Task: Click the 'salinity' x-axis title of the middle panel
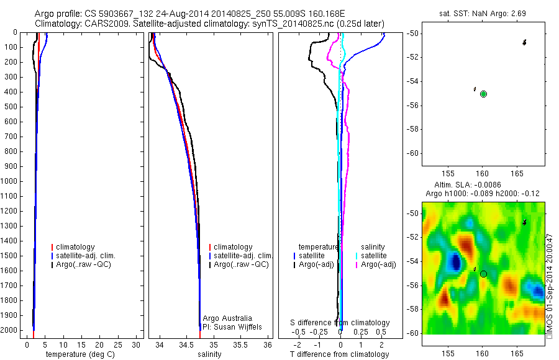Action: (209, 354)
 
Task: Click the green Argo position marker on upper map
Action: (483, 94)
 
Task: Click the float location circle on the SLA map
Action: (483, 273)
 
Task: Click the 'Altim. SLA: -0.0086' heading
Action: (479, 186)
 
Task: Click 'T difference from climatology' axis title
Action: (339, 354)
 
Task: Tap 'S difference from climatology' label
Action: (340, 323)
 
